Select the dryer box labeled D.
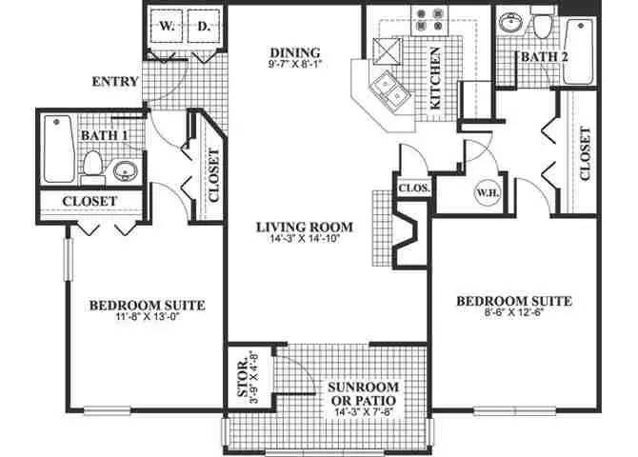click(x=203, y=29)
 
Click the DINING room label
click(x=296, y=53)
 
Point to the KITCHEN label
click(x=434, y=81)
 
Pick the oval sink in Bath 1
click(x=125, y=172)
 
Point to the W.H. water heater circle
click(x=486, y=191)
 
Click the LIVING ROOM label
click(x=305, y=228)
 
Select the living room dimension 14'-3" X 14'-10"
click(x=305, y=240)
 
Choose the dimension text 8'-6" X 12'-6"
click(x=514, y=315)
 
